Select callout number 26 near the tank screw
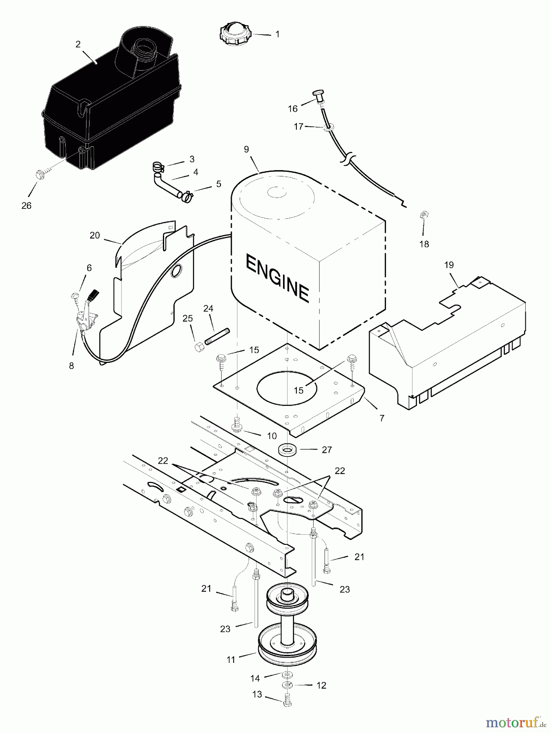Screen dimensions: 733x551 click(26, 206)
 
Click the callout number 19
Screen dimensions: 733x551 click(449, 265)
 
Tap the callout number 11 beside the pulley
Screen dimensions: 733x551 click(231, 660)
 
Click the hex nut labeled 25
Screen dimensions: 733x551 click(199, 347)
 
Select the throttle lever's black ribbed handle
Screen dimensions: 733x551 click(94, 294)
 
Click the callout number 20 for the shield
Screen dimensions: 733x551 click(94, 235)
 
